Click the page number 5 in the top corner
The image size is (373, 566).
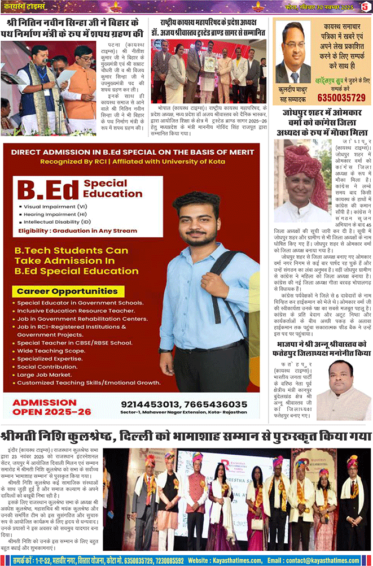(365, 6)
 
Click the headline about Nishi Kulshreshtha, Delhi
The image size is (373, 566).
(186, 437)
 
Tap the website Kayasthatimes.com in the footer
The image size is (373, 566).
(230, 560)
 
